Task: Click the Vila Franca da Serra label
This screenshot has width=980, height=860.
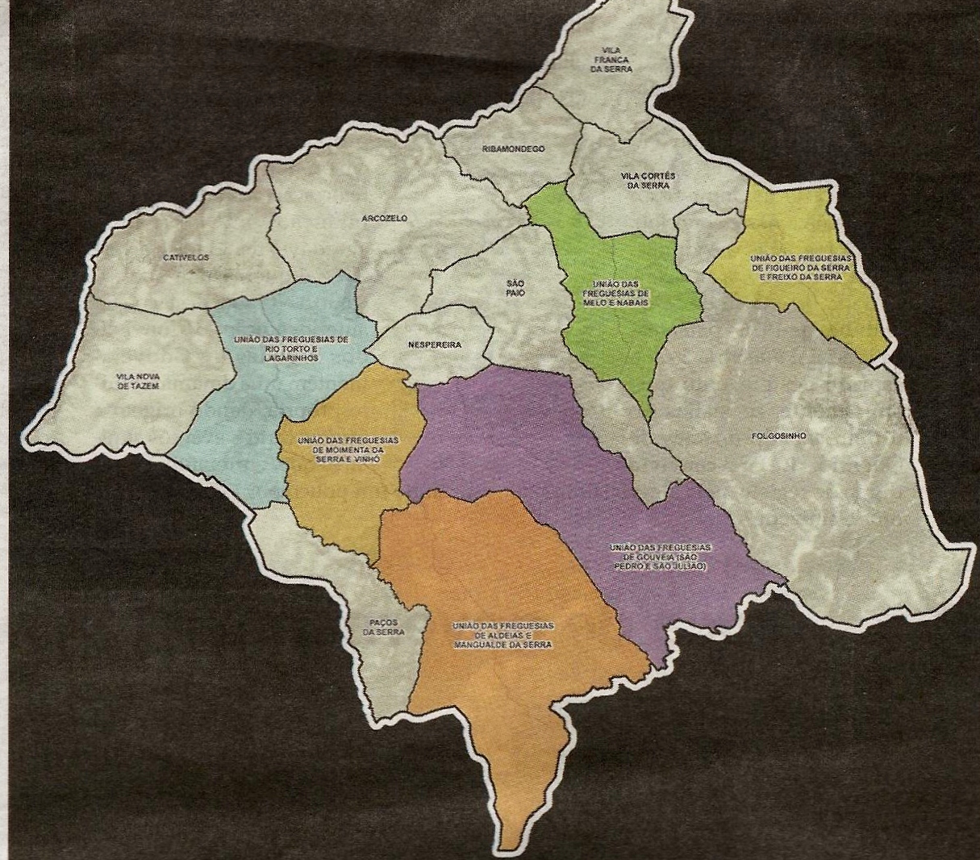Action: (611, 59)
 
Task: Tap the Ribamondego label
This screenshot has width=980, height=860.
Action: (514, 149)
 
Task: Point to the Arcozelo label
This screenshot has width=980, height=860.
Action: (385, 219)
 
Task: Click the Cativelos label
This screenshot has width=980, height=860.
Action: (186, 257)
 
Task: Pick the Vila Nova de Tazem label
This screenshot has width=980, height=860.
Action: (137, 381)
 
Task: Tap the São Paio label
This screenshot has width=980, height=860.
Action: (515, 288)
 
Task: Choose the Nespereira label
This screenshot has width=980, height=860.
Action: (435, 344)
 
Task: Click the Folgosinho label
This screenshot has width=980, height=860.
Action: (778, 436)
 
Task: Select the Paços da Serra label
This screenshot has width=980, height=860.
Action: (383, 627)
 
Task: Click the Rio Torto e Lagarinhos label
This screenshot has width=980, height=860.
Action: (292, 349)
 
